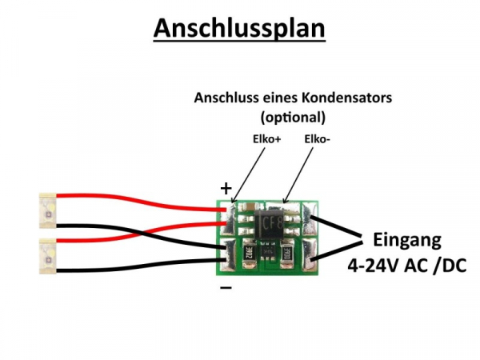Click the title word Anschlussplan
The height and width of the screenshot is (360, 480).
tap(239, 29)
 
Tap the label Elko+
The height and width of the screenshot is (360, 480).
tap(266, 139)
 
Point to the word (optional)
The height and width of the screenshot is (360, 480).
tap(293, 116)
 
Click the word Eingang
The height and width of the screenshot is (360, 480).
tap(406, 240)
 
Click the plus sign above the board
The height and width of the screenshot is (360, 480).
tap(226, 189)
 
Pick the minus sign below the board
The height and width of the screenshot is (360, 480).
tap(226, 286)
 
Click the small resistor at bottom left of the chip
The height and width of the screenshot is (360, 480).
tap(247, 254)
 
